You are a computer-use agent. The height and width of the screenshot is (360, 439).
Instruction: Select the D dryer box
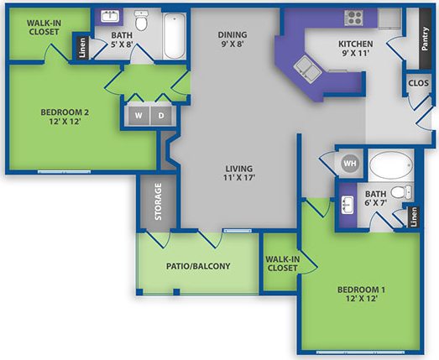click(x=160, y=115)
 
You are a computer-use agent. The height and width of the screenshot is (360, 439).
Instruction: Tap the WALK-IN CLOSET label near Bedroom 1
click(x=280, y=263)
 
